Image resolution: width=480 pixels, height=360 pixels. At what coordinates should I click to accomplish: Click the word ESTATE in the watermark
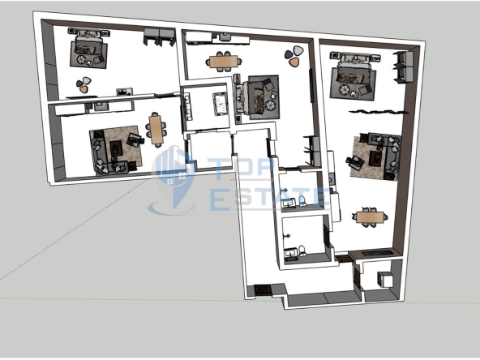[x=268, y=199]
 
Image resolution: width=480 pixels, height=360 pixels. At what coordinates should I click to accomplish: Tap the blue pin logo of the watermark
[x=174, y=179]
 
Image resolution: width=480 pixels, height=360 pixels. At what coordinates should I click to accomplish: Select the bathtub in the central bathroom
[x=221, y=104]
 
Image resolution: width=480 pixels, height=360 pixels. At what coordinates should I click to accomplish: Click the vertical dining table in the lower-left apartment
[x=156, y=130]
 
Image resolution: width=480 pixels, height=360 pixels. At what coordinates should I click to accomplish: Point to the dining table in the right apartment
[x=370, y=217]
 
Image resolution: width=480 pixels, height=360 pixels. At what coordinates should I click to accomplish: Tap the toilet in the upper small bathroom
[x=302, y=200]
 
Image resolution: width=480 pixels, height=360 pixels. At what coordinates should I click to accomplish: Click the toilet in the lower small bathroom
[x=302, y=251]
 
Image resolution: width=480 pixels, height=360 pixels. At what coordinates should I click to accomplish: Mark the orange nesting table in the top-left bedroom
[x=84, y=89]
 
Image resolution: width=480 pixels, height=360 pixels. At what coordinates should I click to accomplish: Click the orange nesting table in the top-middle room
[x=294, y=62]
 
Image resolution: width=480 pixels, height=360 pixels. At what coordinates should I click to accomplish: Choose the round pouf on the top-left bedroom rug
[x=81, y=59]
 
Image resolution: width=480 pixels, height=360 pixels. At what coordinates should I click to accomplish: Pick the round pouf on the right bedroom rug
[x=343, y=90]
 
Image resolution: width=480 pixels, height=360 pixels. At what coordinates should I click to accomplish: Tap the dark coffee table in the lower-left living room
[x=116, y=148]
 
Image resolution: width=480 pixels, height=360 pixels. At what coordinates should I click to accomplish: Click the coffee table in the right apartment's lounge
[x=375, y=159]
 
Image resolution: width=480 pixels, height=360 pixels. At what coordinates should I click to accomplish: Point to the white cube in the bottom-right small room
[x=385, y=280]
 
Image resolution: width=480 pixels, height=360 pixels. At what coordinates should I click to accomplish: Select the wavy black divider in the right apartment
[x=379, y=112]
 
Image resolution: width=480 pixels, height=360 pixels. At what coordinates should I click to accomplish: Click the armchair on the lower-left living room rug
[x=135, y=140]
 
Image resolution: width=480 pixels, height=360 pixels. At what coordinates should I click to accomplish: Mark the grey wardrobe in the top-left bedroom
[x=159, y=36]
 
